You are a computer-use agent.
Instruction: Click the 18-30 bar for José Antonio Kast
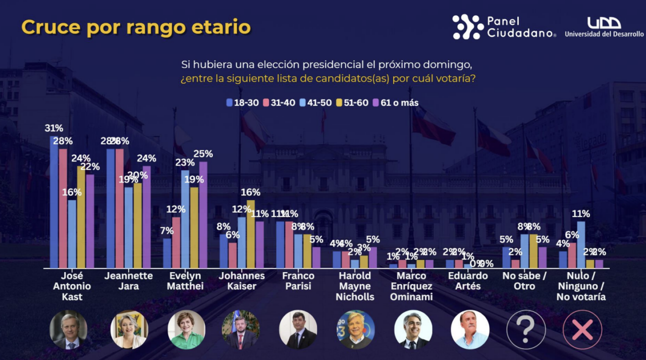(x=54, y=202)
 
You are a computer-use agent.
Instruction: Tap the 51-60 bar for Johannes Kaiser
(x=250, y=234)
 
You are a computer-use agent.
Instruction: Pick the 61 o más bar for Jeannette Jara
(x=146, y=217)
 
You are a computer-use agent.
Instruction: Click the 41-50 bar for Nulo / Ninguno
(x=581, y=244)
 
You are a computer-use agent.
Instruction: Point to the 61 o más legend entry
(x=396, y=103)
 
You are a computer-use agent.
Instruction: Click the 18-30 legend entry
(x=243, y=103)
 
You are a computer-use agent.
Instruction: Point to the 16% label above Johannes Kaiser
(x=250, y=192)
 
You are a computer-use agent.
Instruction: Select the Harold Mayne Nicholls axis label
(x=355, y=286)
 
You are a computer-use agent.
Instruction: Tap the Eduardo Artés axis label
(x=468, y=281)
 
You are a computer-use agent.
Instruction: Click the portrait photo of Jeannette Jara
(x=129, y=329)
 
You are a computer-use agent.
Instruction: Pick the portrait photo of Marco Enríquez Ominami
(x=413, y=329)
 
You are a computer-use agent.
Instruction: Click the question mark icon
(x=525, y=329)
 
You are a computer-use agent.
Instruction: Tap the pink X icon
(x=582, y=329)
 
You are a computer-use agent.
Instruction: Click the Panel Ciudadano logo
(x=504, y=27)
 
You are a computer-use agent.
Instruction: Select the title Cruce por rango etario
(x=136, y=27)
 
